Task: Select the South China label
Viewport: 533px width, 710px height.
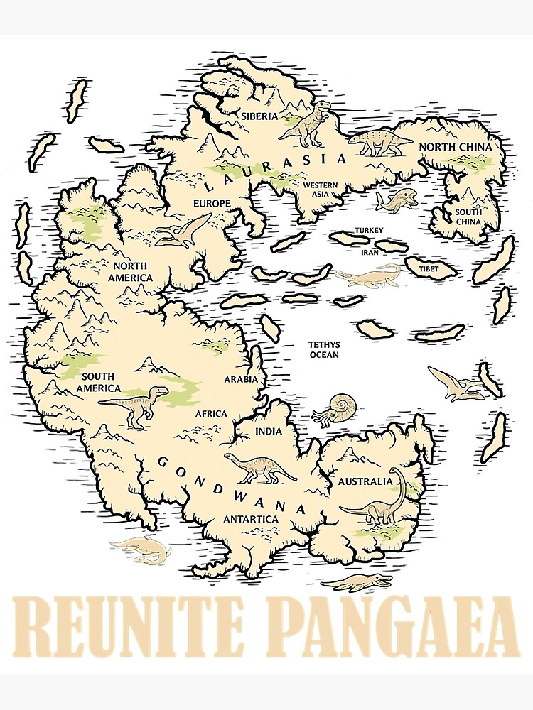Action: point(468,217)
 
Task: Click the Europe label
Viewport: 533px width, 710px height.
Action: point(212,204)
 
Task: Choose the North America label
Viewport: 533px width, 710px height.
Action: point(130,271)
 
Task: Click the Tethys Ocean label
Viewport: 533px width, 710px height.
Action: point(323,349)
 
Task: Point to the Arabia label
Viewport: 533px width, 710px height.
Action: point(241,378)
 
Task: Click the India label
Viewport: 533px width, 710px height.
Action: point(268,431)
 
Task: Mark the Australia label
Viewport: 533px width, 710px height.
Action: point(365,481)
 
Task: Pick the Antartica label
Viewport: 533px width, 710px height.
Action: point(250,519)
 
